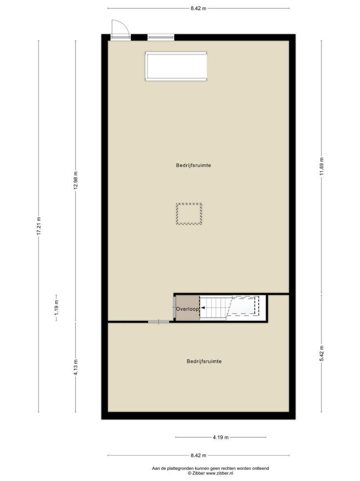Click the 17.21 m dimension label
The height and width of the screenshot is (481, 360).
(39, 226)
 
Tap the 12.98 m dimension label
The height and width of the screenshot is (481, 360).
(76, 180)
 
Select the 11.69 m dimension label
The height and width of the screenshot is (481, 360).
(321, 166)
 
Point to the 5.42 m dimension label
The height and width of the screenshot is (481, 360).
(322, 353)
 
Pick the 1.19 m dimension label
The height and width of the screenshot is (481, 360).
(57, 308)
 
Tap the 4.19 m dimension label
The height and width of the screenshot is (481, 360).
(221, 437)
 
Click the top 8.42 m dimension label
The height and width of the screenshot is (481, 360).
(198, 8)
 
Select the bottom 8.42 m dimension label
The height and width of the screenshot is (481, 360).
(198, 455)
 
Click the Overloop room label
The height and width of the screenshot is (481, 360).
(187, 309)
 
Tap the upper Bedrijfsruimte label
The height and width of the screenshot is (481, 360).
(193, 165)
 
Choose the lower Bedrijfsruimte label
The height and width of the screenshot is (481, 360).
(204, 361)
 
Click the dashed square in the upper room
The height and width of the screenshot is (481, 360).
(189, 204)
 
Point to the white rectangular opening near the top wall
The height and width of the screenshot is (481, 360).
(176, 66)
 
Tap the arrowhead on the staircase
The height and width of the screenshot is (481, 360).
(203, 307)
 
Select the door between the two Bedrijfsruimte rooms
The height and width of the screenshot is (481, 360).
(159, 322)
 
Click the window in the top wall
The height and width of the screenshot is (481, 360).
(161, 37)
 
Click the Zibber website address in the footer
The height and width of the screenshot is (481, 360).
(219, 473)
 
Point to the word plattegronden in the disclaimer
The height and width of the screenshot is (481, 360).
(180, 468)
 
